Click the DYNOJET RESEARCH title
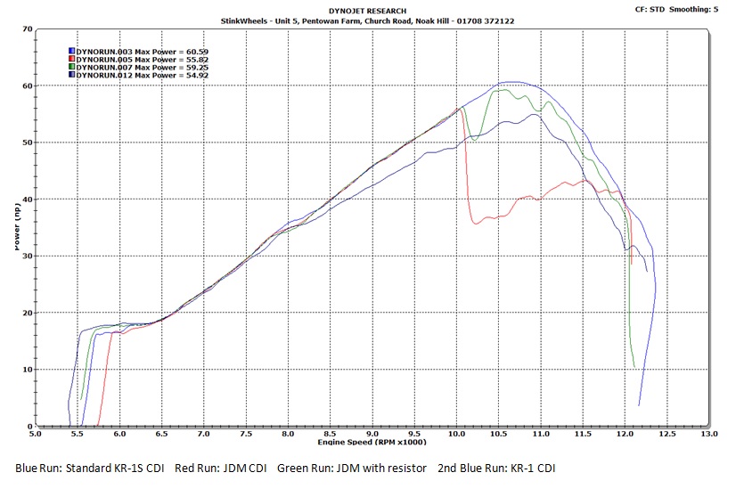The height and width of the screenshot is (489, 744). pyautogui.click(x=372, y=11)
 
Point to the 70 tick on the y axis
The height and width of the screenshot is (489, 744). pyautogui.click(x=27, y=29)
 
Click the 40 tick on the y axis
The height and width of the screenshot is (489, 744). pyautogui.click(x=27, y=200)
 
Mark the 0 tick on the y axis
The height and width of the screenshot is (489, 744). pyautogui.click(x=29, y=427)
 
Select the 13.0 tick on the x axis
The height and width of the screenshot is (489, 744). pyautogui.click(x=709, y=436)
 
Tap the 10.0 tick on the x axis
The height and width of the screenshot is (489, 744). pyautogui.click(x=456, y=436)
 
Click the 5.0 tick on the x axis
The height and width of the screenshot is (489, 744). pyautogui.click(x=35, y=436)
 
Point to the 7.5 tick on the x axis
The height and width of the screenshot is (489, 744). pyautogui.click(x=246, y=436)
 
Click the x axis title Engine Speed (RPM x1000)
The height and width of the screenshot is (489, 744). pyautogui.click(x=372, y=443)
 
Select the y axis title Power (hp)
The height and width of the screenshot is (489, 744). pyautogui.click(x=18, y=227)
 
